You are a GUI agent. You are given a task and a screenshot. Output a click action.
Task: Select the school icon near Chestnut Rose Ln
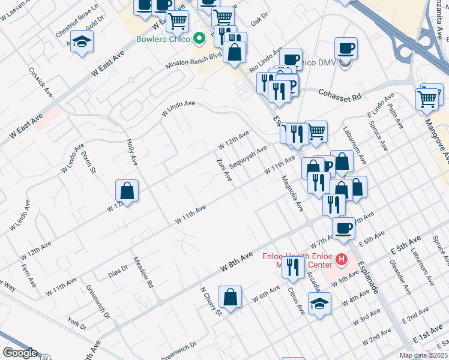(x=82, y=42)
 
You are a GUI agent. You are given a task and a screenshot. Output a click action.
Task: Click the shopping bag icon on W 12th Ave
(x=127, y=191)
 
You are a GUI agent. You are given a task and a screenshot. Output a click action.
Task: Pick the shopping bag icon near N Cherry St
(x=231, y=296)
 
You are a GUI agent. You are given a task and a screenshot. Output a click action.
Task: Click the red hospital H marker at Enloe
(x=341, y=259)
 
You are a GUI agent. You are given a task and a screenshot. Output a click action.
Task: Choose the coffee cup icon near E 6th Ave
(x=344, y=229)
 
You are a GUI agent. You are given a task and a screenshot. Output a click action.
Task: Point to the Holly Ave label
(x=132, y=153)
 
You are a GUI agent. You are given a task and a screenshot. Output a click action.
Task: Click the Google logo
(x=20, y=353)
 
